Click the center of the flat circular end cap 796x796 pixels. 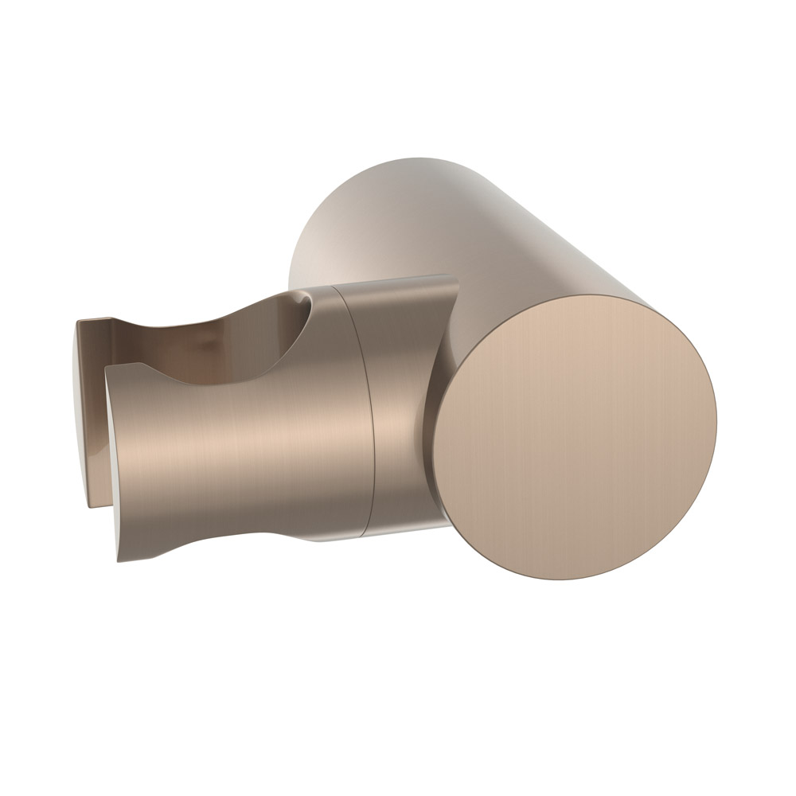[x=576, y=437]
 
